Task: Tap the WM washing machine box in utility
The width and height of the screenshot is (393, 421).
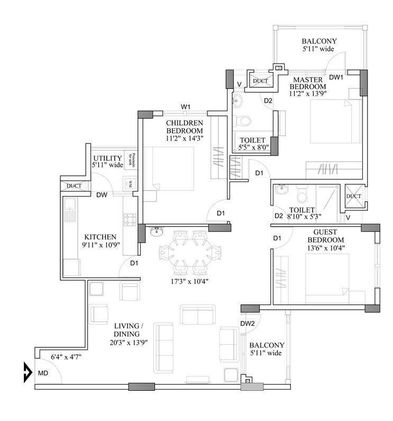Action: point(128,183)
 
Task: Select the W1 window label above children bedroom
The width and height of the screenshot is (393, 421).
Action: point(186,107)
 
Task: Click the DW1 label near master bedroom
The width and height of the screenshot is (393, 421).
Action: point(336,77)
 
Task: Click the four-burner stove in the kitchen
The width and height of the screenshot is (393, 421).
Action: point(130,219)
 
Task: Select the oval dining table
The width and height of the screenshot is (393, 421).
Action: point(190,250)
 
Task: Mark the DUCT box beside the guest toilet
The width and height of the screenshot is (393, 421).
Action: point(353,196)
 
